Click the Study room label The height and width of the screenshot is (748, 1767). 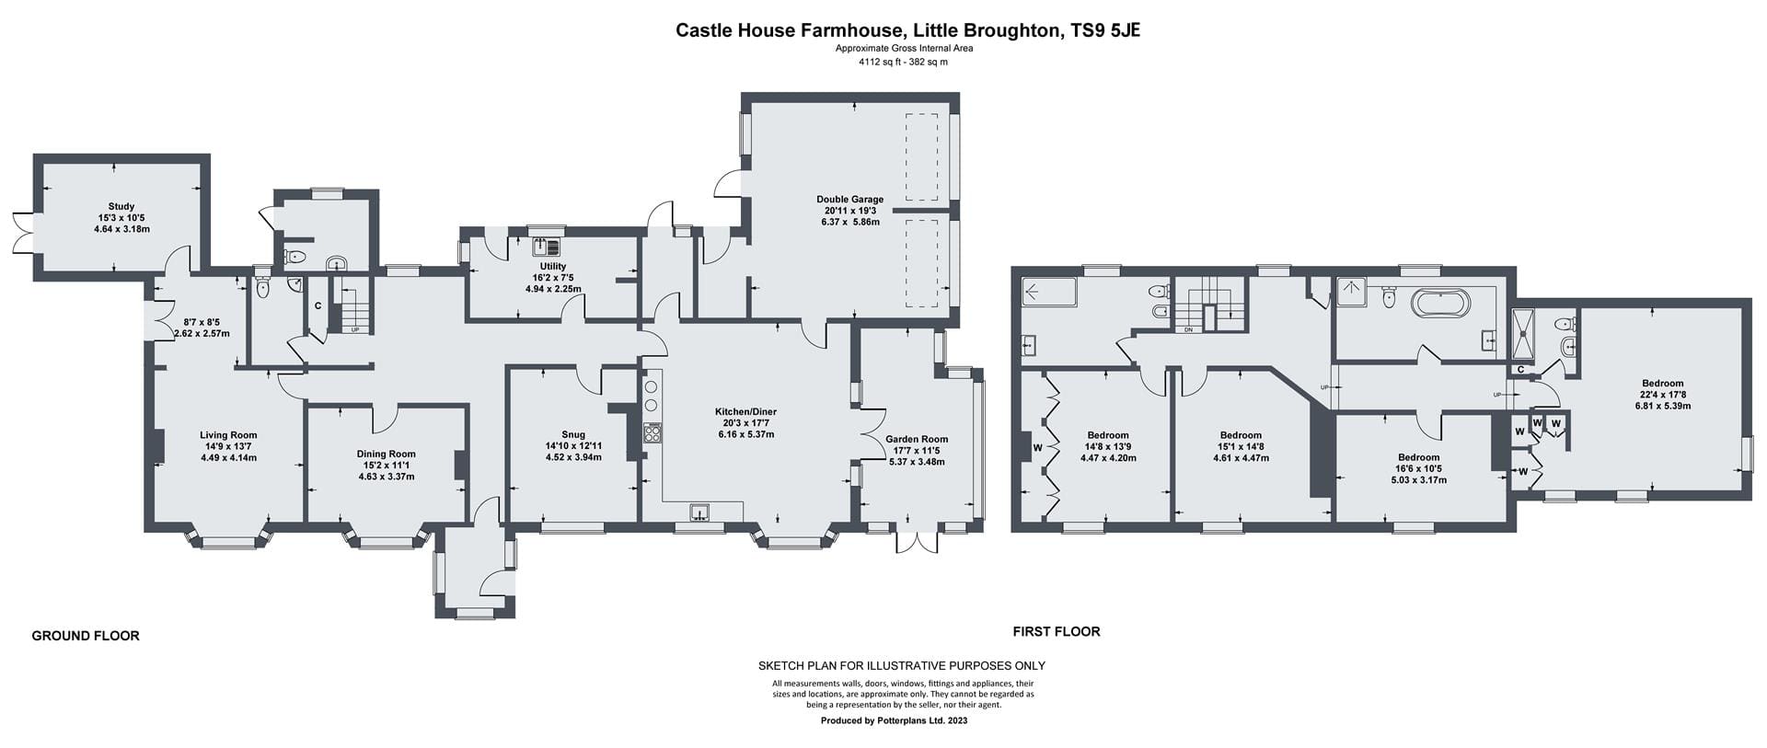coord(121,207)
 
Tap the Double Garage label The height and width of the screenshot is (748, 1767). coord(849,200)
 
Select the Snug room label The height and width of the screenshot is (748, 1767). coord(572,435)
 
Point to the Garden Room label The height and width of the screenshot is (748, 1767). coord(917,440)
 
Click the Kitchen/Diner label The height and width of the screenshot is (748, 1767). coord(745,412)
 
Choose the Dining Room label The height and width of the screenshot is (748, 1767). coord(387,455)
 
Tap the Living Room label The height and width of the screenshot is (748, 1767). coord(228,436)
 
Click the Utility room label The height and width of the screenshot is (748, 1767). coord(553,267)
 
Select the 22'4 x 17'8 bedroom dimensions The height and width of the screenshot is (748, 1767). coord(1662,395)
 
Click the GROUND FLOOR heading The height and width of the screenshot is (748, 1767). coord(86,636)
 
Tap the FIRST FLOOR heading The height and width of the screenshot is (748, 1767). coord(1057,631)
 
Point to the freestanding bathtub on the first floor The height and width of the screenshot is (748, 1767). coord(1442,305)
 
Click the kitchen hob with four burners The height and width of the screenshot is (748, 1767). coord(652,433)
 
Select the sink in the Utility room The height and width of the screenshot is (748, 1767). coord(546,246)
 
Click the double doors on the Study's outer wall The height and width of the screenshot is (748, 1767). coord(25,230)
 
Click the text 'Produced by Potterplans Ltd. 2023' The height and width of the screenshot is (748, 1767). coord(894,721)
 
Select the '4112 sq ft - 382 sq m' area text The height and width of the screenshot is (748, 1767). coord(903,63)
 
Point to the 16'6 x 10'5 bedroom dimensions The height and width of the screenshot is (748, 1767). coord(1418,468)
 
